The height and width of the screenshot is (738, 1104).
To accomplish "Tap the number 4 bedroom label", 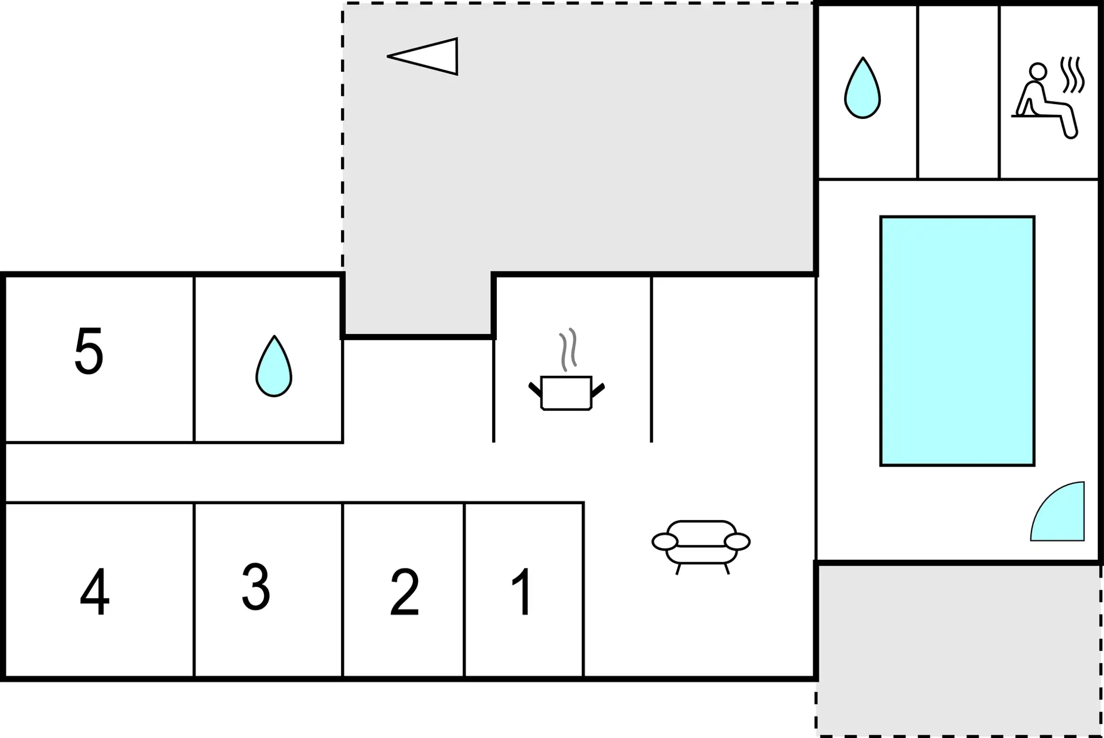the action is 95,591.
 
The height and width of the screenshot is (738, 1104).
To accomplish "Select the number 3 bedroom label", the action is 256,586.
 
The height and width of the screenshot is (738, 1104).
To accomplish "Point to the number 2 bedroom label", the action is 404,591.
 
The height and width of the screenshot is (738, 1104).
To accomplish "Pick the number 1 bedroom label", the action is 522,591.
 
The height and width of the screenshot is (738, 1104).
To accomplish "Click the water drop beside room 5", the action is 274,366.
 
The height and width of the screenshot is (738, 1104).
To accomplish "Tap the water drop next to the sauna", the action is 862,88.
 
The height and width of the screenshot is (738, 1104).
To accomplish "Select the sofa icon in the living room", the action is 701,547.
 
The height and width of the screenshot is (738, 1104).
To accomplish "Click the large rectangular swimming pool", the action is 957,341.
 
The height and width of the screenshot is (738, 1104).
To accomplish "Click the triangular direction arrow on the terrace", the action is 423,56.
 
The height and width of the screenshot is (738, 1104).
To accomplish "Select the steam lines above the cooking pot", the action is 568,349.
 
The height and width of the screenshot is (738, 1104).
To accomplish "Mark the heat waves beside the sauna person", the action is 1073,75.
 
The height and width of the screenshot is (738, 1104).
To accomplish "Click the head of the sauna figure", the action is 1038,71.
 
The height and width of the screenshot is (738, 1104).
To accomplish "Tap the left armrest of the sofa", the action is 665,541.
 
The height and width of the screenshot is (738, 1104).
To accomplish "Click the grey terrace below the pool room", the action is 959,649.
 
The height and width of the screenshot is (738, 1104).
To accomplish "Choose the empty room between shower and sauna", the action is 959,92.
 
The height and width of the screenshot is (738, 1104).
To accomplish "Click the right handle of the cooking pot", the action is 598,390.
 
